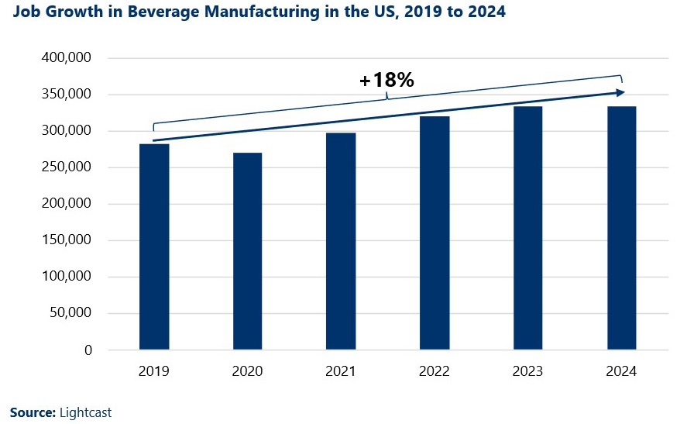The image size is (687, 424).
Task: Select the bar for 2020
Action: coord(248,251)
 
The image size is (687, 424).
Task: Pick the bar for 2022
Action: coord(435,233)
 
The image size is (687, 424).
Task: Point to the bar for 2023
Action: coord(527,228)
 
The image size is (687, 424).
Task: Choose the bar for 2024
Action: coord(621,228)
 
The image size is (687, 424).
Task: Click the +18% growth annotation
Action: coord(387,80)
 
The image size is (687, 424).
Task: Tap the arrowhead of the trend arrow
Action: coord(620,92)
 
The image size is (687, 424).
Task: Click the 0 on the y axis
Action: coord(88,350)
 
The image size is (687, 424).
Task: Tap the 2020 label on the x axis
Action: coord(248,372)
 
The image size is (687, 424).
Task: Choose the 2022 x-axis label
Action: coord(435,372)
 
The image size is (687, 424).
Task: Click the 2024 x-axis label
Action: coord(621,372)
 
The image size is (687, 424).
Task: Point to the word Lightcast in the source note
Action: coord(85,412)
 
